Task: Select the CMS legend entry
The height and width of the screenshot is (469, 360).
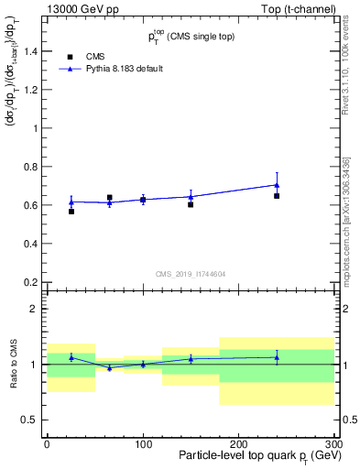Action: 95,56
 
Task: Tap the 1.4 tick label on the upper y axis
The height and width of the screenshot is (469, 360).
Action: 31,51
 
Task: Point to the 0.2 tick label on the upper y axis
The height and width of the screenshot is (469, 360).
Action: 31,282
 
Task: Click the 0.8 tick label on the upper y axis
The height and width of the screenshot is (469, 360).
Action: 31,167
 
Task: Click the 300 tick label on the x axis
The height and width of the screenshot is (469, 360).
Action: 333,444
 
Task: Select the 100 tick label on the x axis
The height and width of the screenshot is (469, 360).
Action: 142,444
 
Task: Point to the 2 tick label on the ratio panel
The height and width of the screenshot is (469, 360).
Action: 36,310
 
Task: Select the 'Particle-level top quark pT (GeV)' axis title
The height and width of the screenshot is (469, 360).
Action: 256,456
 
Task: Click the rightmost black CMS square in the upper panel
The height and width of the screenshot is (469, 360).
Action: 277,196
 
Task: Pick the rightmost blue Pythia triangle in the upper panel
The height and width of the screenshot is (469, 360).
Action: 277,184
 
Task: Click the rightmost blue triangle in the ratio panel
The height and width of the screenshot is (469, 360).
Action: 277,357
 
